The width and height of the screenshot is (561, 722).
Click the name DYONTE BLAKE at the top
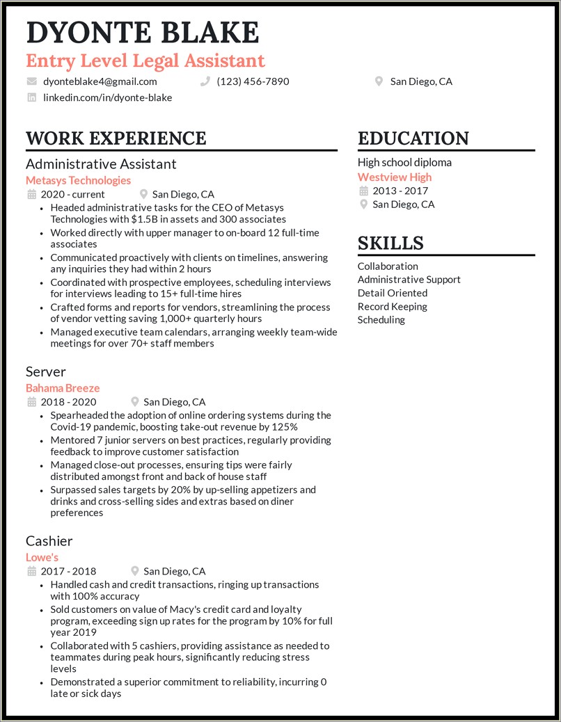point(143,33)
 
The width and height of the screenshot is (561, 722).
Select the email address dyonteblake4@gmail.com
point(100,81)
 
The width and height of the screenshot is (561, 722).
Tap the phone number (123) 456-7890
point(253,81)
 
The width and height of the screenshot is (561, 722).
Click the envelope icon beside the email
point(32,81)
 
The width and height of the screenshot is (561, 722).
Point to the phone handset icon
point(205,81)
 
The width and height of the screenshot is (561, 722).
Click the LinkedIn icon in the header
point(32,97)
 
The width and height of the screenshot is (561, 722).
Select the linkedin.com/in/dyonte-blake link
point(107,97)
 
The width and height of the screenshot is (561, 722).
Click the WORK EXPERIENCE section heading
point(116,138)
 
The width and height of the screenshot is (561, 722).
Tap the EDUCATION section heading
point(413,138)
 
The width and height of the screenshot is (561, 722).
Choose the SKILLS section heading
point(390,243)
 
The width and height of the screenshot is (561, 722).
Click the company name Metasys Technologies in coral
point(78,180)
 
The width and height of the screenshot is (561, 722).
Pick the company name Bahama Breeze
point(63,388)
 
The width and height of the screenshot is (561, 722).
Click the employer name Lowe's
point(42,557)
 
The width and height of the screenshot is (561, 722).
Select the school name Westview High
point(395,177)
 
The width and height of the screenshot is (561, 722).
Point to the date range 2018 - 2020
point(69,401)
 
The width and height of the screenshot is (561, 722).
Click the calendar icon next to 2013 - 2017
point(363,191)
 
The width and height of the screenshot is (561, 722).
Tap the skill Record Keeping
point(392,306)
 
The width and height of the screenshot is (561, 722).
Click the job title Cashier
point(49,540)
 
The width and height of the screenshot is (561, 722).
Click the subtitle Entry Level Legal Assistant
point(145,61)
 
